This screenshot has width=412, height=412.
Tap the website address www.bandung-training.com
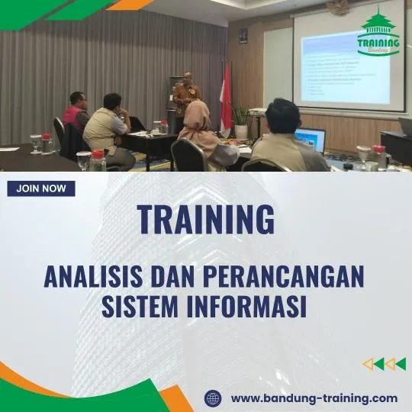tap(314, 398)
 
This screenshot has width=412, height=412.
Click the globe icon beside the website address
tap(214, 398)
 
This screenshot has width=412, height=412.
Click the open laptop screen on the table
tap(310, 140)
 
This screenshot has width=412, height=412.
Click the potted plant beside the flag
tap(241, 118)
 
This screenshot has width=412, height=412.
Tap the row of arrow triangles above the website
tap(384, 364)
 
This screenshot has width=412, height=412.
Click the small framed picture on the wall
tap(243, 36)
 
